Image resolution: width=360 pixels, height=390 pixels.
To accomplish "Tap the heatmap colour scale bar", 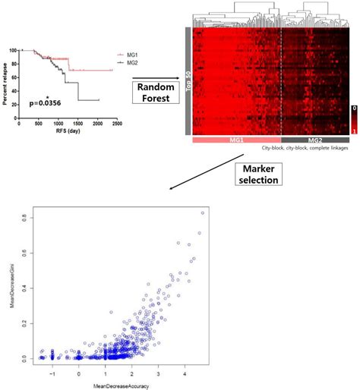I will (x=353, y=119).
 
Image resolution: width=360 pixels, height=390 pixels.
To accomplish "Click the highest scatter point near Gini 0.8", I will (x=202, y=212).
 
